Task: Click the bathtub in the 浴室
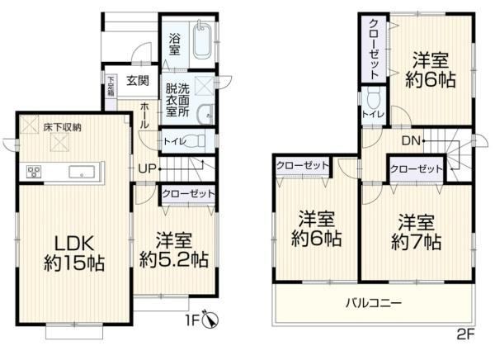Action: pyautogui.click(x=201, y=40)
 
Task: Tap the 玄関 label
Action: pyautogui.click(x=138, y=81)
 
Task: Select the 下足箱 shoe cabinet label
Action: pyautogui.click(x=111, y=86)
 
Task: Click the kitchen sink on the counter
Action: pyautogui.click(x=82, y=172)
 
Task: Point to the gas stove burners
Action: pyautogui.click(x=34, y=172)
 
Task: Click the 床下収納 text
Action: pyautogui.click(x=62, y=127)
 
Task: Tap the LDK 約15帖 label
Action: pyautogui.click(x=74, y=253)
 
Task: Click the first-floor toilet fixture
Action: pyautogui.click(x=197, y=141)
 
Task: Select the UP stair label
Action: pyautogui.click(x=148, y=168)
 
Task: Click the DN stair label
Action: pyautogui.click(x=411, y=140)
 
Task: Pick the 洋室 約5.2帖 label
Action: pyautogui.click(x=174, y=250)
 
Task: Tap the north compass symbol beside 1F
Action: pyautogui.click(x=211, y=320)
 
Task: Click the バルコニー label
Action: pyautogui.click(x=374, y=303)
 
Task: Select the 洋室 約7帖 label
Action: pyautogui.click(x=416, y=232)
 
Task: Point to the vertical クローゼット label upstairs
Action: pyautogui.click(x=374, y=49)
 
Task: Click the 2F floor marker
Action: pyautogui.click(x=465, y=334)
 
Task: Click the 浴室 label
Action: pyautogui.click(x=174, y=45)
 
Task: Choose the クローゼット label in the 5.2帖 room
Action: pyautogui.click(x=188, y=193)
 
